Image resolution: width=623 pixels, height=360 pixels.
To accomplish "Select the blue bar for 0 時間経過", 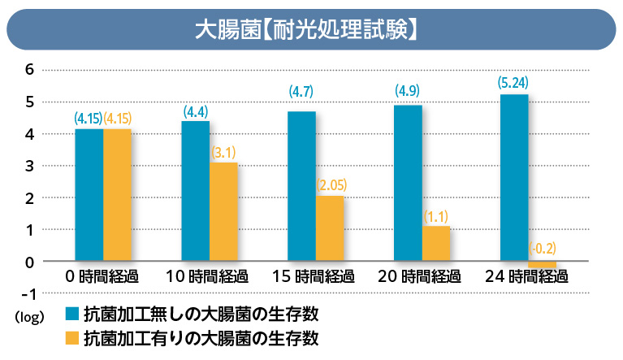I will point(89,195).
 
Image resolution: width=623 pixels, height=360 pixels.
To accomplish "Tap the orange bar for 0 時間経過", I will point(117,195).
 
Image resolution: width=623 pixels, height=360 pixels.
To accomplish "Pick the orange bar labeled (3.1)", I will point(223,212).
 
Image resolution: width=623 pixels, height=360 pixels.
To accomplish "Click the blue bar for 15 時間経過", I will point(301,186).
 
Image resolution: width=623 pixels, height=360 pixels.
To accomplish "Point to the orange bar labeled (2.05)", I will point(330,228).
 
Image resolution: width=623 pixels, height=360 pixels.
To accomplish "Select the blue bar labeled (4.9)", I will point(408,183).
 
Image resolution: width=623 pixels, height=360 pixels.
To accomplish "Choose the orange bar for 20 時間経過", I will point(436,244).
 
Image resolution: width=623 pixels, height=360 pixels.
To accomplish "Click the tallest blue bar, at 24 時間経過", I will point(514,178).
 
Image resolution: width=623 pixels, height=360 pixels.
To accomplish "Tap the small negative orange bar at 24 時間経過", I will point(543,265).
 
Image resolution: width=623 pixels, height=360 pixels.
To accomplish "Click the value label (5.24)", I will point(514,82).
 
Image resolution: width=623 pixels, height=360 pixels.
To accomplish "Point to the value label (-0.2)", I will point(543,249).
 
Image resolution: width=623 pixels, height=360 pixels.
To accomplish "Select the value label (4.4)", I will point(195,111).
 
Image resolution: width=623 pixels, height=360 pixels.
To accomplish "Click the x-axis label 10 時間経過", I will point(207,277).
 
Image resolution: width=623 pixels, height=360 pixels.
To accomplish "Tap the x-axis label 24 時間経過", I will point(527,277).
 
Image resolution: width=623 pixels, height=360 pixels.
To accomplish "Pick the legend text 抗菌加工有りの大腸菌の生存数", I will point(195,337).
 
